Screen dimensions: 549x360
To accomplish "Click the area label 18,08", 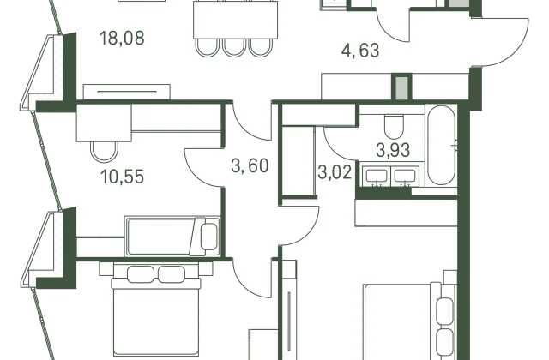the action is coord(122,38).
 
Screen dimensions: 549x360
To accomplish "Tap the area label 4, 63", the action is coord(360,50).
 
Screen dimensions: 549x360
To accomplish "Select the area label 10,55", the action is coord(122,177).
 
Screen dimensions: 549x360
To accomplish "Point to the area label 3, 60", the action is coord(250,165).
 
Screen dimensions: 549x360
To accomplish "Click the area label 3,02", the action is coord(335,172).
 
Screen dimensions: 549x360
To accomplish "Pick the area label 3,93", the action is coord(393,150).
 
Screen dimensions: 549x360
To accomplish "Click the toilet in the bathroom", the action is coord(395,126).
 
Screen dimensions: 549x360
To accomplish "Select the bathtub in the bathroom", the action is coord(441,145).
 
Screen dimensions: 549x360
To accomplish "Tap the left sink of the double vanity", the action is coord(377,176).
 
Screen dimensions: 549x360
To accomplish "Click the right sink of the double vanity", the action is coord(405,176).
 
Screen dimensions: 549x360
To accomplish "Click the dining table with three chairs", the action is coord(235,20).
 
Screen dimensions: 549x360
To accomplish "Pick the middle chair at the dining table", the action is coord(234,47).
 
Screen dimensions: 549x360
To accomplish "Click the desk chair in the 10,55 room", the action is coord(103,151).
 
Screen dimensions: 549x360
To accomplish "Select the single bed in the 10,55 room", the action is coord(173,237).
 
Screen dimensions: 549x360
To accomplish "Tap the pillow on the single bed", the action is coord(209,237).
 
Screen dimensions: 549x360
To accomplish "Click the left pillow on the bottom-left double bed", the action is coord(141,274).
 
